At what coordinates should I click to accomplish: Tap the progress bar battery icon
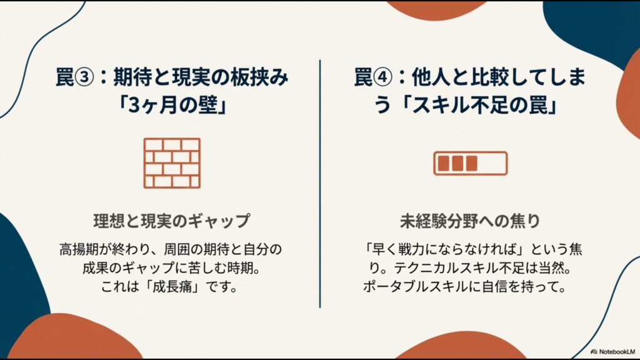470,163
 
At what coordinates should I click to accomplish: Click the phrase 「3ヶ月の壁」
172,106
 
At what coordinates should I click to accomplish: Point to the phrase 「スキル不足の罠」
483,106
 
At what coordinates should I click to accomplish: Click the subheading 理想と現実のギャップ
172,221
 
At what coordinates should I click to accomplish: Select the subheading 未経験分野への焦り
470,221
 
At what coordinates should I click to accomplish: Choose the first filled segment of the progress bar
444,163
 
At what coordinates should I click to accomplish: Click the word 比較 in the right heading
491,79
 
